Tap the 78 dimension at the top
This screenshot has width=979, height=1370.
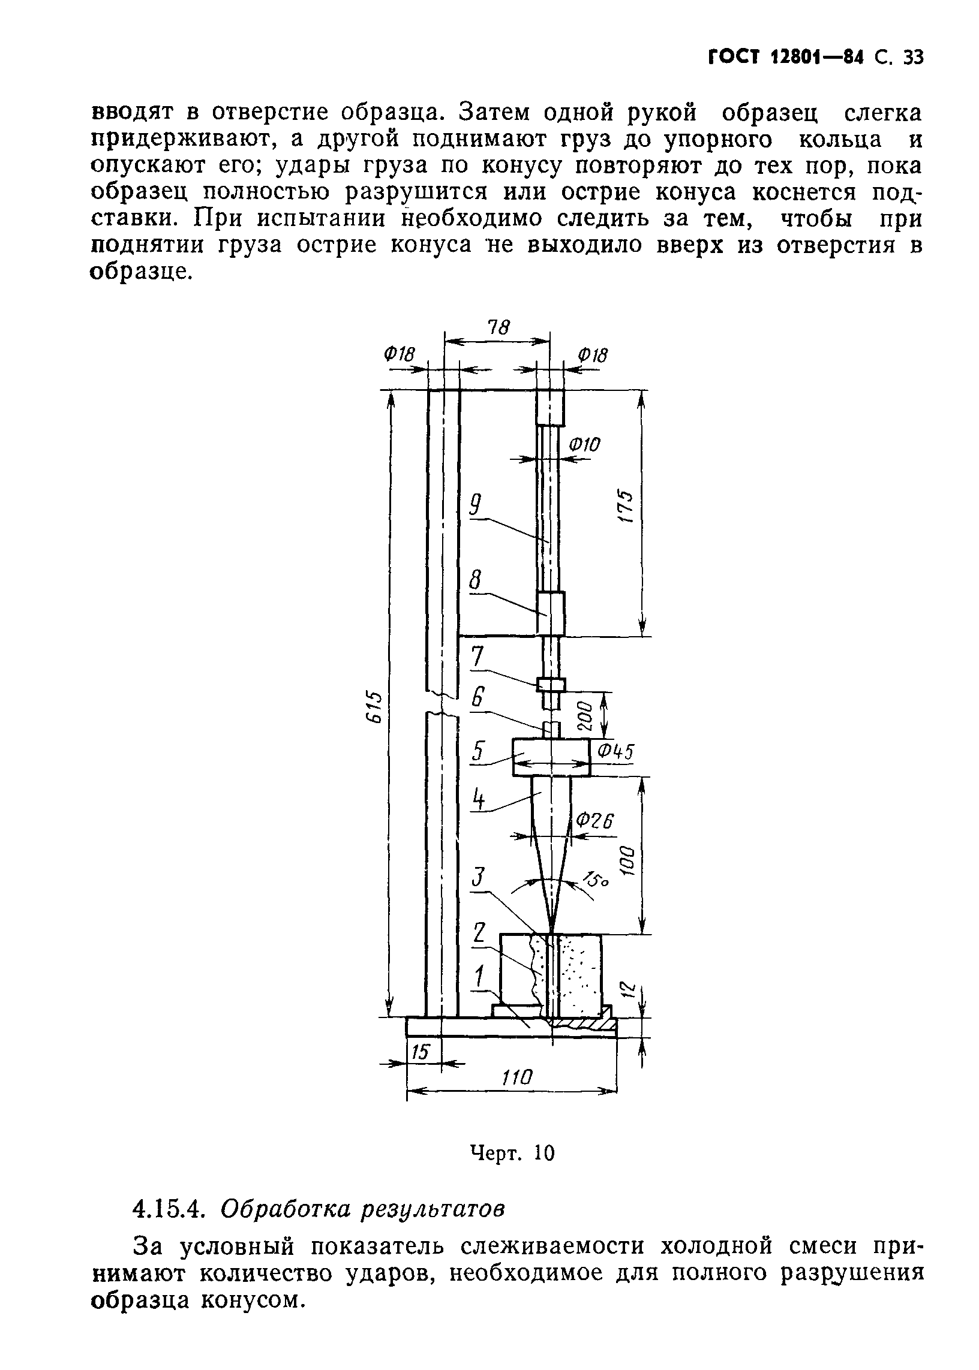(x=498, y=327)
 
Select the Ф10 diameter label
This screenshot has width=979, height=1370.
(x=585, y=445)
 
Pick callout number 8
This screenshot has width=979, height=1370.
(x=475, y=581)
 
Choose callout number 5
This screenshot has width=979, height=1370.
(x=478, y=751)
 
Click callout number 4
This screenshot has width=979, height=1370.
(x=479, y=799)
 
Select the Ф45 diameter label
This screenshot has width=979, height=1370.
(x=615, y=751)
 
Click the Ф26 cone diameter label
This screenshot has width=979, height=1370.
(x=594, y=821)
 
